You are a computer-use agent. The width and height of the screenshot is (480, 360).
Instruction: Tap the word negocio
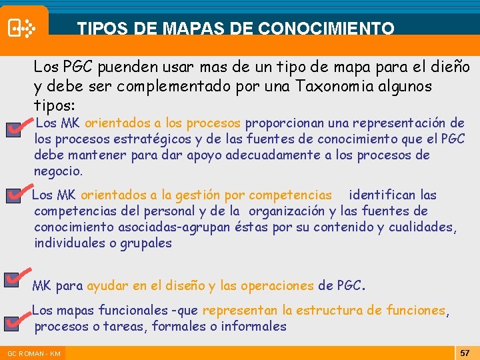coord(58,171)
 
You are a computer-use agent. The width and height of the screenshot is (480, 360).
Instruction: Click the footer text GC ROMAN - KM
coord(34,353)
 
